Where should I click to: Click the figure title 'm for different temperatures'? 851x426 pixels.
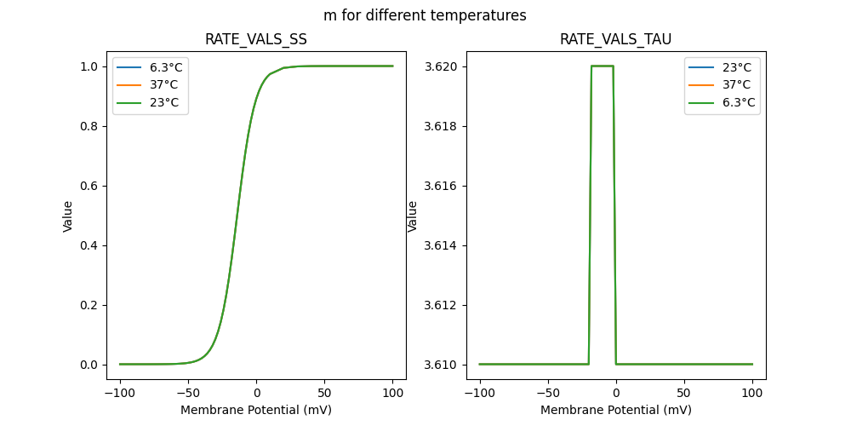coord(425,15)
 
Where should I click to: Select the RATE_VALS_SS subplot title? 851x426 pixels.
coord(256,40)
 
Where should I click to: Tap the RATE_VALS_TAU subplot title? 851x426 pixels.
coord(615,40)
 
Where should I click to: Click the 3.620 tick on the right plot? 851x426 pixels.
coord(443,66)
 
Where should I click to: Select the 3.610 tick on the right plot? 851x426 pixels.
coord(443,365)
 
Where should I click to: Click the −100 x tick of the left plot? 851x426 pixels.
coord(120,394)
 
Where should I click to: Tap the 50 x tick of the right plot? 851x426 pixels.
coord(684,394)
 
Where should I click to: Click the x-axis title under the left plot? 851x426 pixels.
coord(256,410)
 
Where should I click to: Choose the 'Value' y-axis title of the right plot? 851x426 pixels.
coord(413,216)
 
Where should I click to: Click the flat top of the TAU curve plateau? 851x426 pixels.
coord(603,66)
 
